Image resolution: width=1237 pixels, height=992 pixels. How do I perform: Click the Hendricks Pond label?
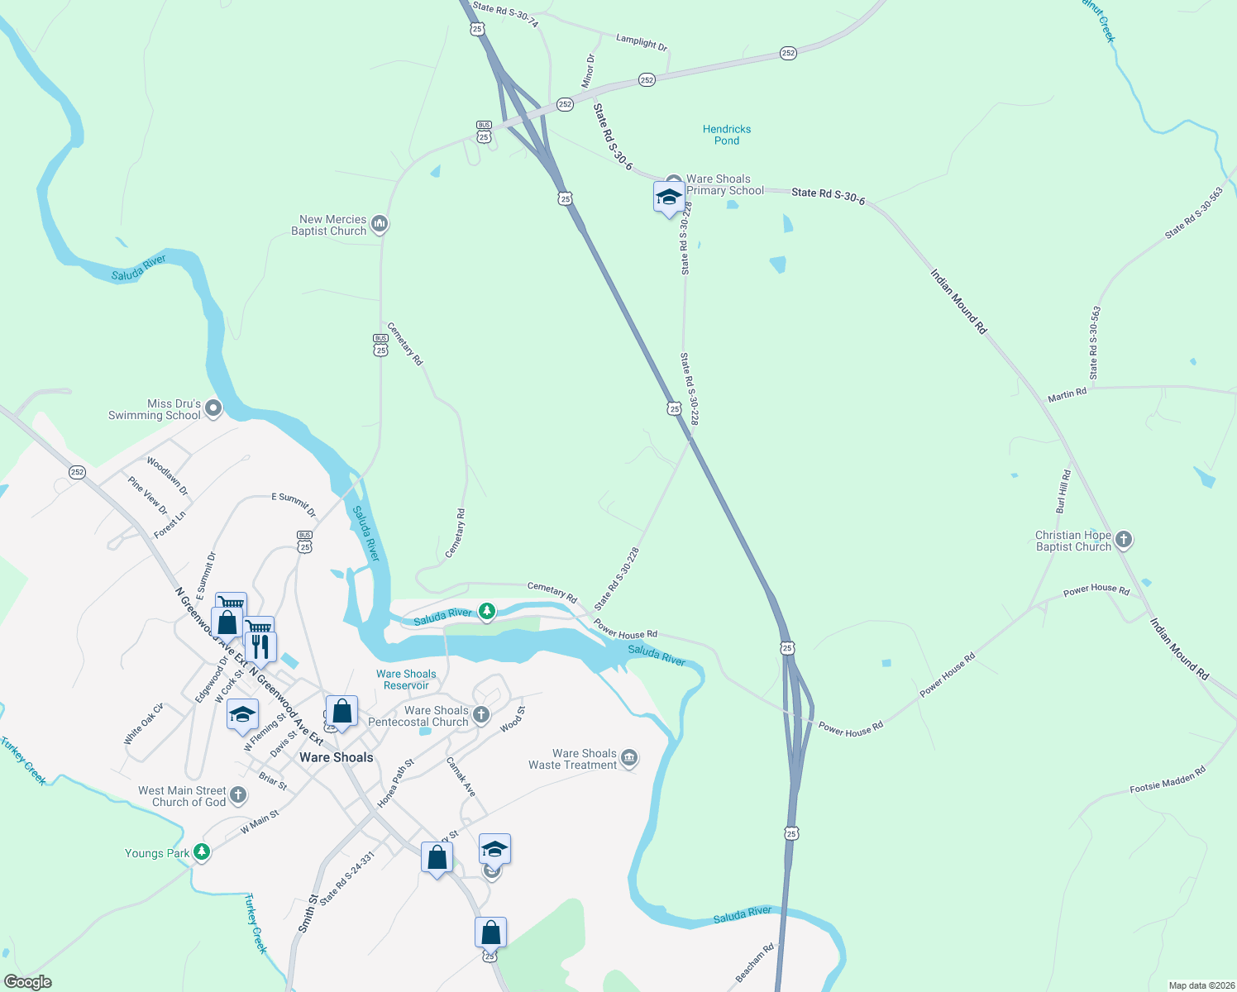click(727, 135)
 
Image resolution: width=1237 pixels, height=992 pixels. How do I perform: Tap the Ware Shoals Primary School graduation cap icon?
click(668, 198)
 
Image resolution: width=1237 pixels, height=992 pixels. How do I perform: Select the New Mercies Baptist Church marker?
click(380, 224)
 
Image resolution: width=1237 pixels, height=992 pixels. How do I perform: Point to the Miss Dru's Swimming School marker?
click(213, 408)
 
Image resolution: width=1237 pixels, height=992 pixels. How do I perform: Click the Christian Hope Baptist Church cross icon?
click(1123, 541)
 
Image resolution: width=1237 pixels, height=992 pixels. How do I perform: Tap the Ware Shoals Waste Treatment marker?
click(629, 758)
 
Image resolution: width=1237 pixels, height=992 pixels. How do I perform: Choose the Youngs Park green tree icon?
click(202, 852)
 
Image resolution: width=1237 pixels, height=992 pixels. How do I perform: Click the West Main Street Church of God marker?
click(238, 795)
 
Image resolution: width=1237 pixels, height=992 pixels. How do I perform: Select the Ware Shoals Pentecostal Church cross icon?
click(481, 714)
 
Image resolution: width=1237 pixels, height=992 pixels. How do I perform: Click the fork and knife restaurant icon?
click(261, 646)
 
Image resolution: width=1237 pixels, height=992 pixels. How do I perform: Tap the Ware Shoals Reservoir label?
click(406, 680)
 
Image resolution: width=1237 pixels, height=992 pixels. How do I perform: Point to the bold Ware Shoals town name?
click(337, 757)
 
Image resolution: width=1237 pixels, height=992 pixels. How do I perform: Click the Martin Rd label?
click(1067, 395)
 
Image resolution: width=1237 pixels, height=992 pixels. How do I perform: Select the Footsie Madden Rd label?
click(1168, 780)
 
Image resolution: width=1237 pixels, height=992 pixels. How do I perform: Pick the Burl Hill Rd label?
click(1063, 491)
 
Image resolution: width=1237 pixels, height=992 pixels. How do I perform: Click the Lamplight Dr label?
click(642, 42)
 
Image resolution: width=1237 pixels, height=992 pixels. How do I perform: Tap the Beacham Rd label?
click(754, 963)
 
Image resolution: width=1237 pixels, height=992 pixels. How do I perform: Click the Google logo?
click(27, 982)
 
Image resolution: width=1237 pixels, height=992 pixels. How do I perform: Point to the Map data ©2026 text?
click(1200, 985)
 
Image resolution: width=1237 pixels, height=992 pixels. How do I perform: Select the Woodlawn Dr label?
click(168, 476)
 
